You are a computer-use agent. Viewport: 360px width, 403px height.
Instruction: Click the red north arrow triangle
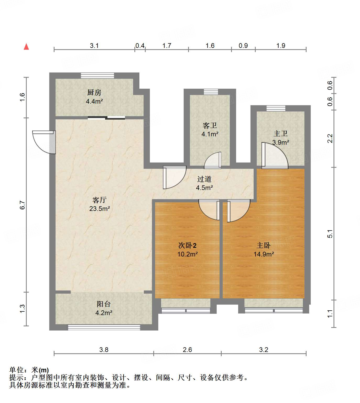[x=26, y=47]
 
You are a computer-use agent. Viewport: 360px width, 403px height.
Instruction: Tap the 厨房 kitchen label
[x=94, y=92]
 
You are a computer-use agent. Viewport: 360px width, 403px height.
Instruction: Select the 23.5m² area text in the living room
[x=100, y=209]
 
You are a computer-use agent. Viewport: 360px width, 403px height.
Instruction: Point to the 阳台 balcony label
[x=104, y=304]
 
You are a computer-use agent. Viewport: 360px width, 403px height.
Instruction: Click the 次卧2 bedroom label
[x=187, y=245]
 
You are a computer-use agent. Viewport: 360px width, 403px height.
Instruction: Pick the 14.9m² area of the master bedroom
[x=264, y=254]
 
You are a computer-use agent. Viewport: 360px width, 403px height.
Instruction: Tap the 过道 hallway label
[x=204, y=179]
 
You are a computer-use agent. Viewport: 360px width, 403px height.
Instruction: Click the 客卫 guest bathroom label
[x=210, y=126]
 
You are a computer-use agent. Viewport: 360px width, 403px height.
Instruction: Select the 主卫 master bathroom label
[x=281, y=134]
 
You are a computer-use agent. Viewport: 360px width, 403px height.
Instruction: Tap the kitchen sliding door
[x=106, y=118]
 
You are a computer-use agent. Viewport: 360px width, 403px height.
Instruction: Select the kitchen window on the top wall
[x=97, y=75]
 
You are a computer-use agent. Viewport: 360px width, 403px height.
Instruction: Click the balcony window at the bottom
[x=104, y=327]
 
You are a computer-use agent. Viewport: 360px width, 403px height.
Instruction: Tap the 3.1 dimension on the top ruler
[x=94, y=46]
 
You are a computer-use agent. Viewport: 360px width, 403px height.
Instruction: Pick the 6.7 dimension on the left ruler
[x=23, y=205]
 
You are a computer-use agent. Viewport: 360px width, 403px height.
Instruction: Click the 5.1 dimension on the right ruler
[x=330, y=234]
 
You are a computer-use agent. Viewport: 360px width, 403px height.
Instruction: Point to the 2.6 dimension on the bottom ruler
[x=187, y=350]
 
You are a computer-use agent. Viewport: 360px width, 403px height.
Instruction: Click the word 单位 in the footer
[x=17, y=370]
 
